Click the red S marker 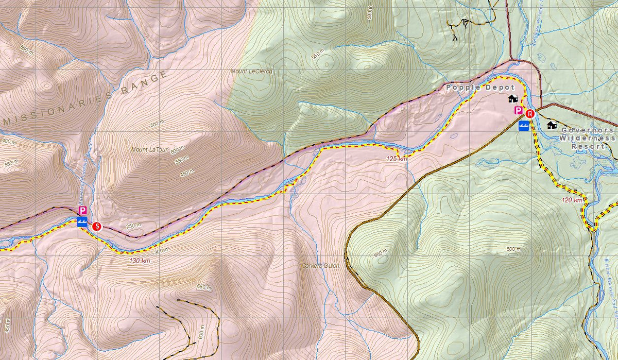[96, 226]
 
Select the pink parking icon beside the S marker [82, 210]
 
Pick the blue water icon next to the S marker [81, 222]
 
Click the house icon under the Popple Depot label [512, 98]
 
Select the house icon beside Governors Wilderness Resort [552, 125]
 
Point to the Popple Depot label [473, 88]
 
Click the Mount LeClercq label [251, 72]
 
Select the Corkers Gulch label [320, 266]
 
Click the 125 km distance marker [396, 159]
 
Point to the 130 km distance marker [139, 261]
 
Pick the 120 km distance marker [572, 200]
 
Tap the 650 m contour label [204, 287]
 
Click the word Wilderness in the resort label [587, 138]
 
